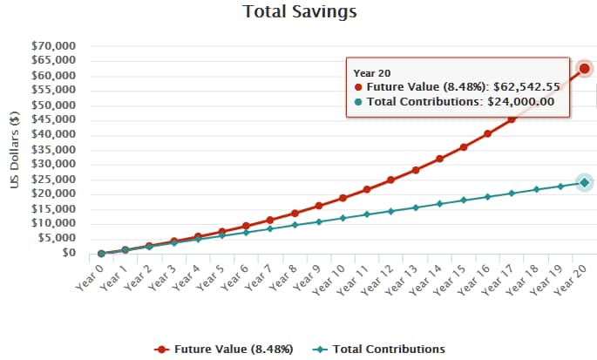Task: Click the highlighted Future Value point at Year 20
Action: pos(585,68)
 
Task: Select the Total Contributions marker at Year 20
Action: pos(585,182)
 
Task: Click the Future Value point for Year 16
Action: pos(488,133)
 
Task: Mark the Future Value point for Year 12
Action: pos(391,180)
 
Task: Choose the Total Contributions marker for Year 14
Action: pos(440,204)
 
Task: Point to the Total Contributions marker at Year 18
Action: pos(537,189)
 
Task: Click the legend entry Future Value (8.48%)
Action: pos(225,349)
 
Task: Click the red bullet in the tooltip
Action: pos(359,88)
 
